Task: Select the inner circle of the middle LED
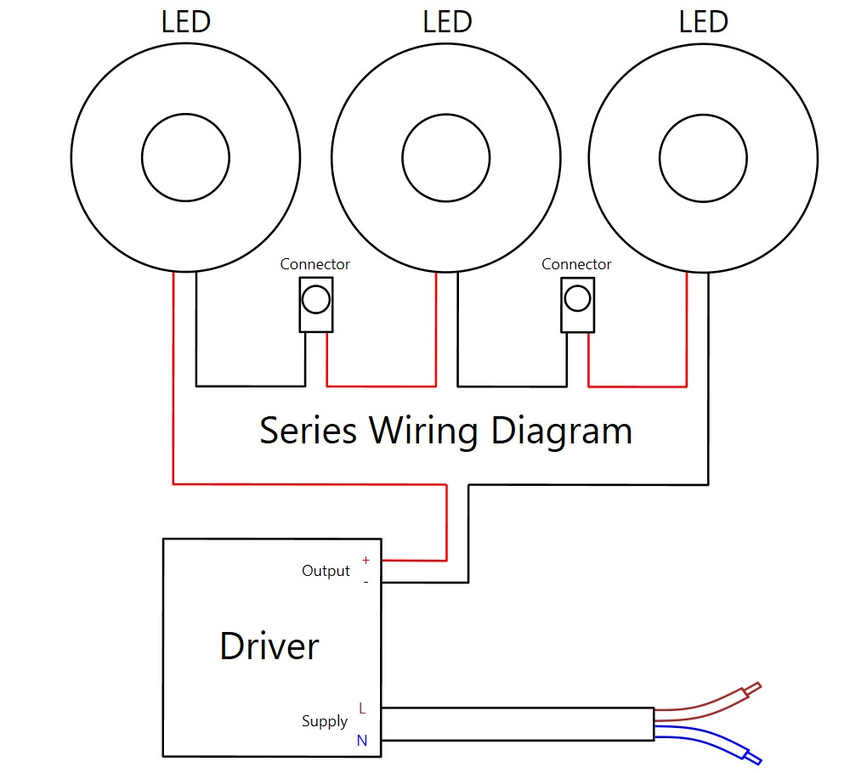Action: (x=445, y=158)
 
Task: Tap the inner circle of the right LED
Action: (x=703, y=158)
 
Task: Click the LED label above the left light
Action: (x=185, y=22)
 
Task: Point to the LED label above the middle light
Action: (x=447, y=22)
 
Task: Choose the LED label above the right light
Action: (x=704, y=22)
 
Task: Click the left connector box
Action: (x=315, y=306)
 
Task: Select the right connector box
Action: (x=577, y=306)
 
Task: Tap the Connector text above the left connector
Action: (x=315, y=264)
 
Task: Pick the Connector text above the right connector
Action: (x=576, y=264)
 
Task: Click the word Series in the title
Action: (x=308, y=431)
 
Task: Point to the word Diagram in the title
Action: (x=562, y=432)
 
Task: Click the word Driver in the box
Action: (x=269, y=646)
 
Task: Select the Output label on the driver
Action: (x=326, y=571)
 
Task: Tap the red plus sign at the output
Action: (x=365, y=561)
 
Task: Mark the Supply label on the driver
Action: (x=325, y=721)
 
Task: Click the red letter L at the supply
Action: (x=362, y=708)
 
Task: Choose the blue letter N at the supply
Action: (x=362, y=741)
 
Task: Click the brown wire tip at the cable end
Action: (x=751, y=689)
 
